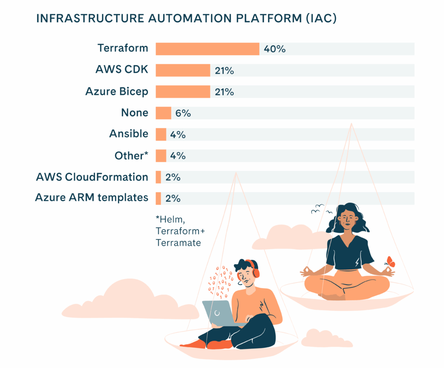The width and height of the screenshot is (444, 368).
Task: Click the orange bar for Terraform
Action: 207,49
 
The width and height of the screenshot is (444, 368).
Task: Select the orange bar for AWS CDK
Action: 183,70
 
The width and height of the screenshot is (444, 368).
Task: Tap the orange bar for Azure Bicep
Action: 183,92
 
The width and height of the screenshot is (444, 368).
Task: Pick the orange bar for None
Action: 163,113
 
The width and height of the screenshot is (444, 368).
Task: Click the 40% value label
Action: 274,49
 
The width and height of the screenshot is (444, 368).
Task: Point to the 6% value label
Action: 183,113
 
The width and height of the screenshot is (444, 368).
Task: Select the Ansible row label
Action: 128,134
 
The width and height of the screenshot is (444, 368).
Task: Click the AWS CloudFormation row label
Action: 92,177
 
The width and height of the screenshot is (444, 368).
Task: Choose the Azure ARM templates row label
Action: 91,198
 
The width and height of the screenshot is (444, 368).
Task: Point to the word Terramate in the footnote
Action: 178,243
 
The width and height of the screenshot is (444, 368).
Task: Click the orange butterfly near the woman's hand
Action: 390,262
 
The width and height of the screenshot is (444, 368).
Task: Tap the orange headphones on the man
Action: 255,270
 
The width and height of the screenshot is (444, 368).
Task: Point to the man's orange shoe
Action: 219,345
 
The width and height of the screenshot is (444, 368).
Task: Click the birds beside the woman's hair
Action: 319,210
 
